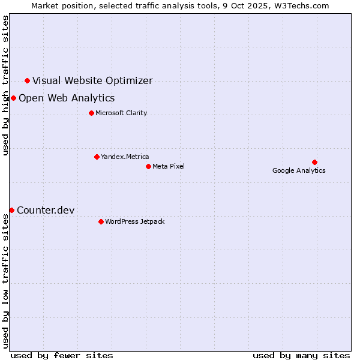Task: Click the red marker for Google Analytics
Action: [314, 162]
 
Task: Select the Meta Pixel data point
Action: [148, 166]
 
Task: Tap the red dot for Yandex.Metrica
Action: [97, 157]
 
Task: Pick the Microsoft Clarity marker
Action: [91, 113]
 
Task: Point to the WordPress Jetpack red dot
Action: [101, 221]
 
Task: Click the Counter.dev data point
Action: [11, 210]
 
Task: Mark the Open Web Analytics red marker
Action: [13, 98]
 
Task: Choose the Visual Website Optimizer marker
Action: [27, 80]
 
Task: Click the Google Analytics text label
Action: [299, 171]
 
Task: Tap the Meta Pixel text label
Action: [169, 166]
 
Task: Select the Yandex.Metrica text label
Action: [125, 157]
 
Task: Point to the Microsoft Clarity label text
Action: [121, 113]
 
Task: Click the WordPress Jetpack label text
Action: [134, 222]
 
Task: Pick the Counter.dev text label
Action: [46, 210]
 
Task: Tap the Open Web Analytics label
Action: [67, 98]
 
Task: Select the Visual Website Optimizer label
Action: [92, 81]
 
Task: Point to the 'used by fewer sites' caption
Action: [62, 355]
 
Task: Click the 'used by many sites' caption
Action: [301, 355]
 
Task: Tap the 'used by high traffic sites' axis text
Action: [6, 85]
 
